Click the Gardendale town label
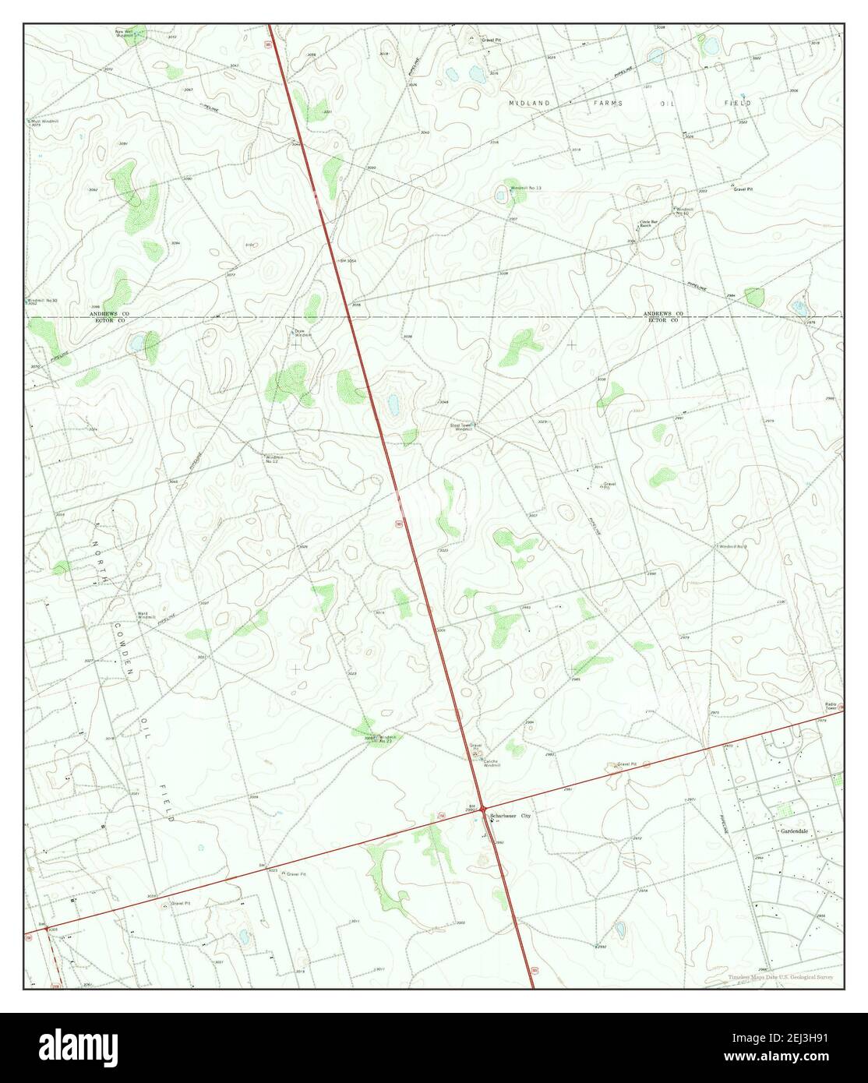click(x=795, y=831)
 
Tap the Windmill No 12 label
click(x=271, y=459)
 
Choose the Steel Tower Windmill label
click(x=461, y=427)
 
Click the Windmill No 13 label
click(x=525, y=189)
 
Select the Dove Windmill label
click(x=302, y=333)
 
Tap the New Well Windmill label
click(x=125, y=34)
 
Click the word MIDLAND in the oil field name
click(x=530, y=103)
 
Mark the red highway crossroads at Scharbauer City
click(x=483, y=808)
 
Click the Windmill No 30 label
click(x=43, y=301)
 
